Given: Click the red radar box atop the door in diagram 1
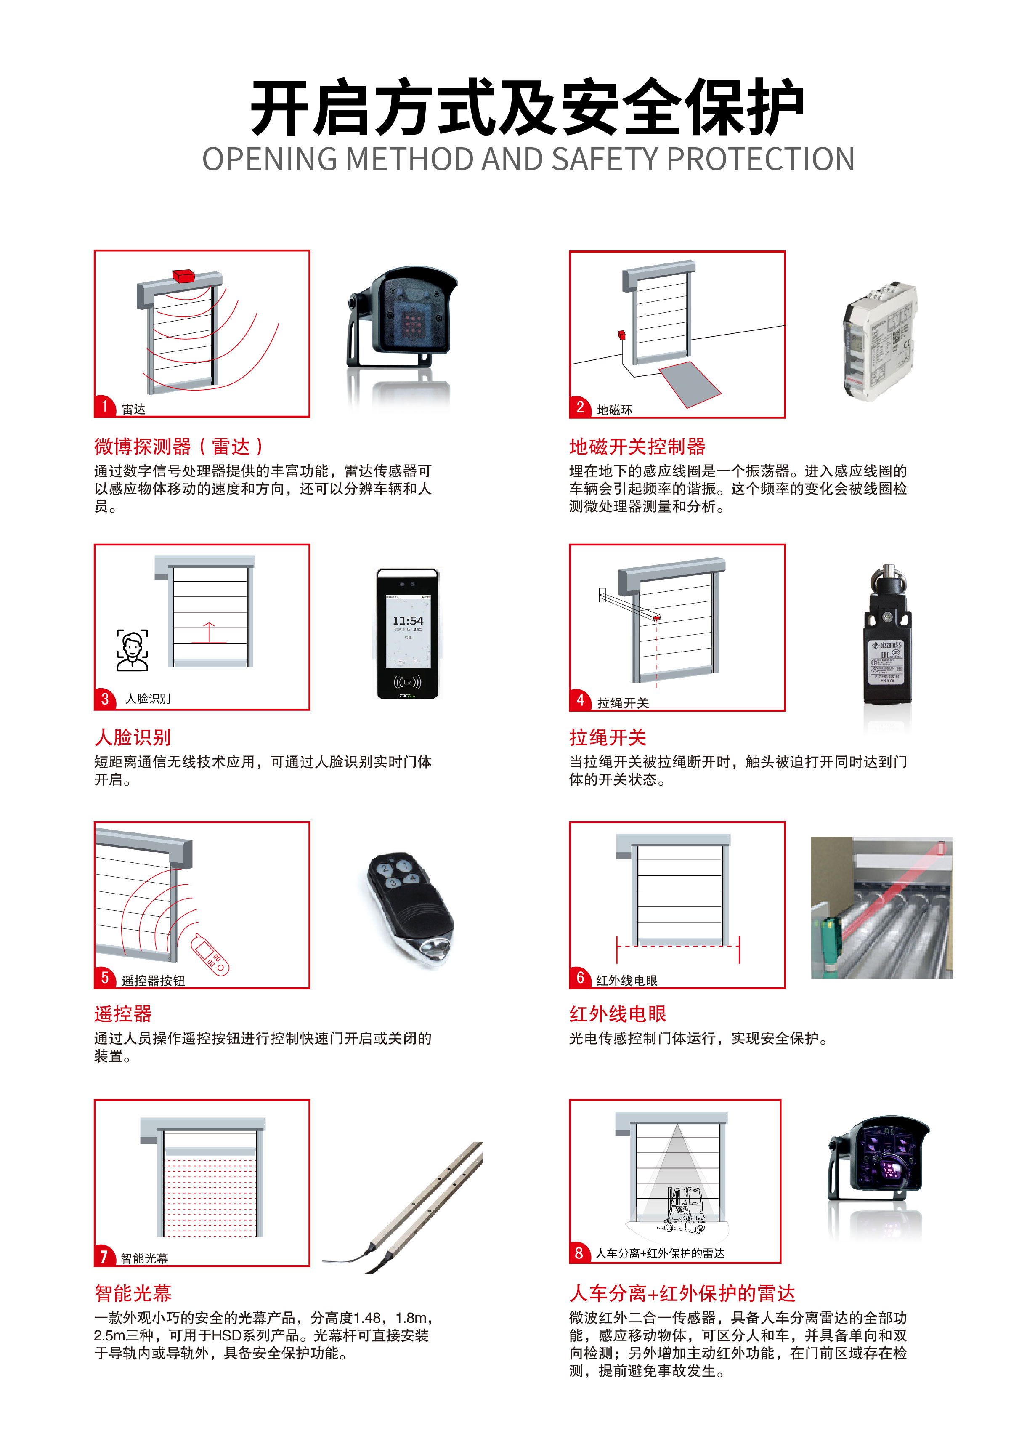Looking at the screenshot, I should [183, 275].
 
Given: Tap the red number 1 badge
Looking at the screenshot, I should [104, 406].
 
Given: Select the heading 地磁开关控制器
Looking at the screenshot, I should [637, 447].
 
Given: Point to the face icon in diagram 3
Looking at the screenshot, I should [132, 650].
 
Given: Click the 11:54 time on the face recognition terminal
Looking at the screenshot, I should [408, 621].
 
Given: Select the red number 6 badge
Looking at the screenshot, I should [580, 978].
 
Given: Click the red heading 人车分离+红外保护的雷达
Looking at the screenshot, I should [682, 1293].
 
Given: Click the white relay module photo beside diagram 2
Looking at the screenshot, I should [879, 340].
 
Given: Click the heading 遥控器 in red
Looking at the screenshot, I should [123, 1014].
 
